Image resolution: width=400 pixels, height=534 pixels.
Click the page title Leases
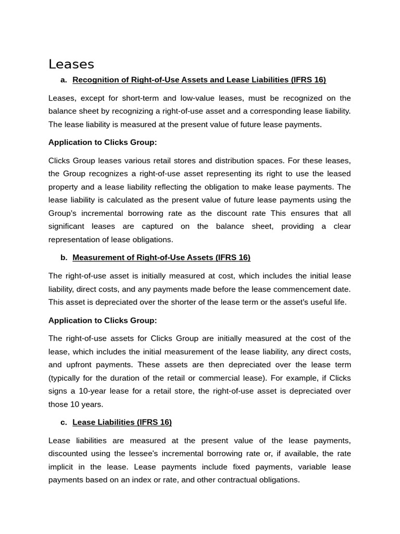click(x=71, y=64)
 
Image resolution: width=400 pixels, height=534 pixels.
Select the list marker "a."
click(x=64, y=80)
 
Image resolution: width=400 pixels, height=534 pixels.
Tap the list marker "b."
click(x=64, y=258)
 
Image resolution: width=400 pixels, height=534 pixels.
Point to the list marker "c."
click(x=64, y=422)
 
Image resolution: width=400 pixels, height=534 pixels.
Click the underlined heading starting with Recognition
click(x=199, y=80)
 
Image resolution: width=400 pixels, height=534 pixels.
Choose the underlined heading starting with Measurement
click(x=161, y=258)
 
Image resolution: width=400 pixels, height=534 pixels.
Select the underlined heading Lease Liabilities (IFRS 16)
click(x=122, y=422)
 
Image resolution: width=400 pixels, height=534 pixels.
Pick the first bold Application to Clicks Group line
click(x=103, y=142)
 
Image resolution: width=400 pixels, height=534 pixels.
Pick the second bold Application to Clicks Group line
click(x=103, y=320)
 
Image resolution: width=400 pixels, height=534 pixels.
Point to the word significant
click(x=67, y=226)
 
